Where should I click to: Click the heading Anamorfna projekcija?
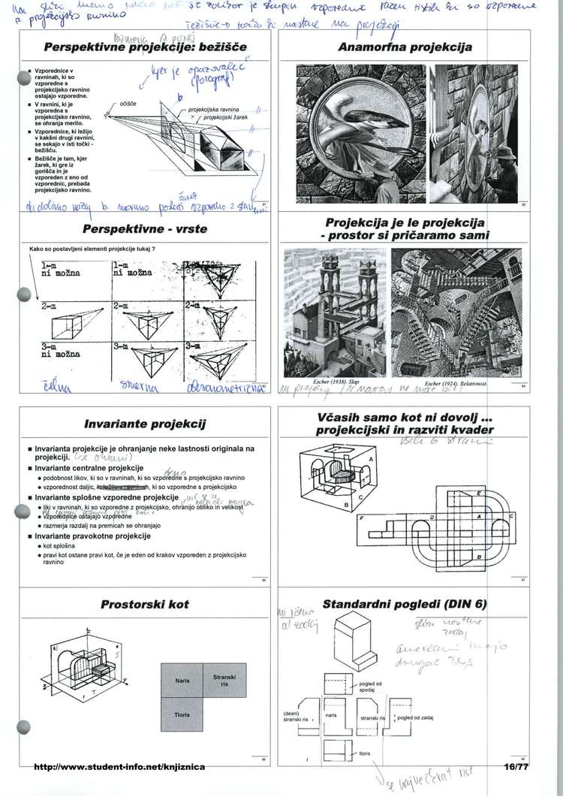[405, 47]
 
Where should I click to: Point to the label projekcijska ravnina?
[219, 109]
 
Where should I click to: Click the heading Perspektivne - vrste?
[135, 228]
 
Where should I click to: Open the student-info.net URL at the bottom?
[120, 766]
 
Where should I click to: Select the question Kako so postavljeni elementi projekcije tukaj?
[91, 248]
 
